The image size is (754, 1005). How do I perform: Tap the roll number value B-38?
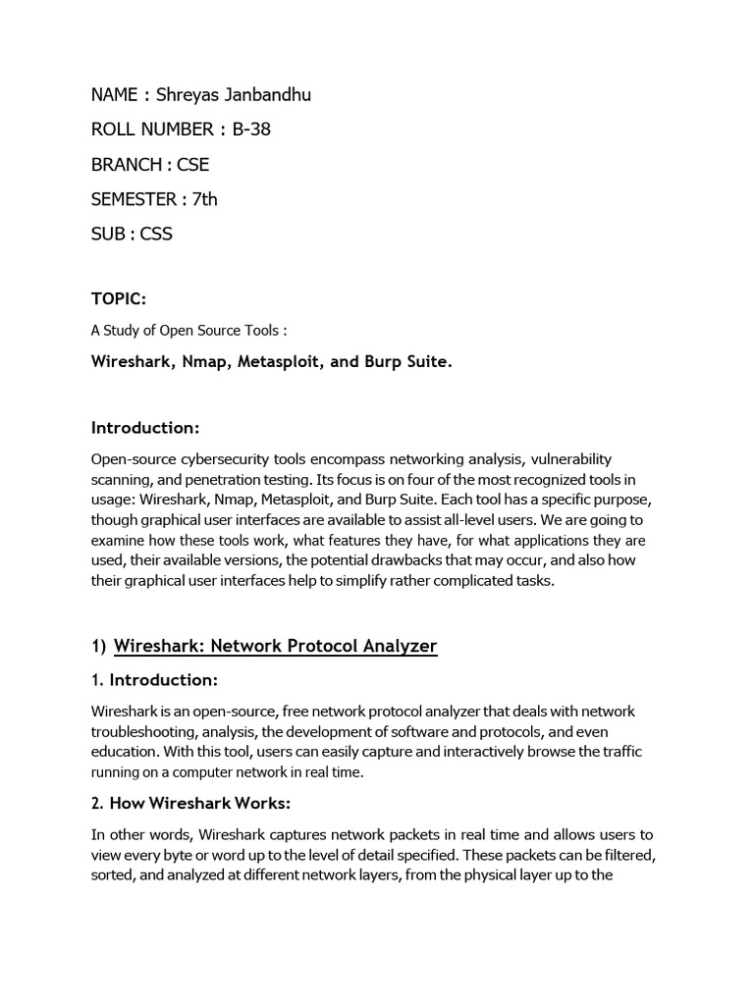coord(251,130)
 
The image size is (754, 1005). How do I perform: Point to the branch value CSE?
coord(192,164)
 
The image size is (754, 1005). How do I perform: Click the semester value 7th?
coord(205,199)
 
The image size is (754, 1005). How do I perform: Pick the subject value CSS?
coord(156,234)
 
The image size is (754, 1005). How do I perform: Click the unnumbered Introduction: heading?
coord(145,427)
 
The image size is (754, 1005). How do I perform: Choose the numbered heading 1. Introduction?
coord(154,679)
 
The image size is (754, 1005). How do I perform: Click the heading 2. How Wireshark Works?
coord(190,804)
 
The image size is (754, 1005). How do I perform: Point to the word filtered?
coord(624,855)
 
